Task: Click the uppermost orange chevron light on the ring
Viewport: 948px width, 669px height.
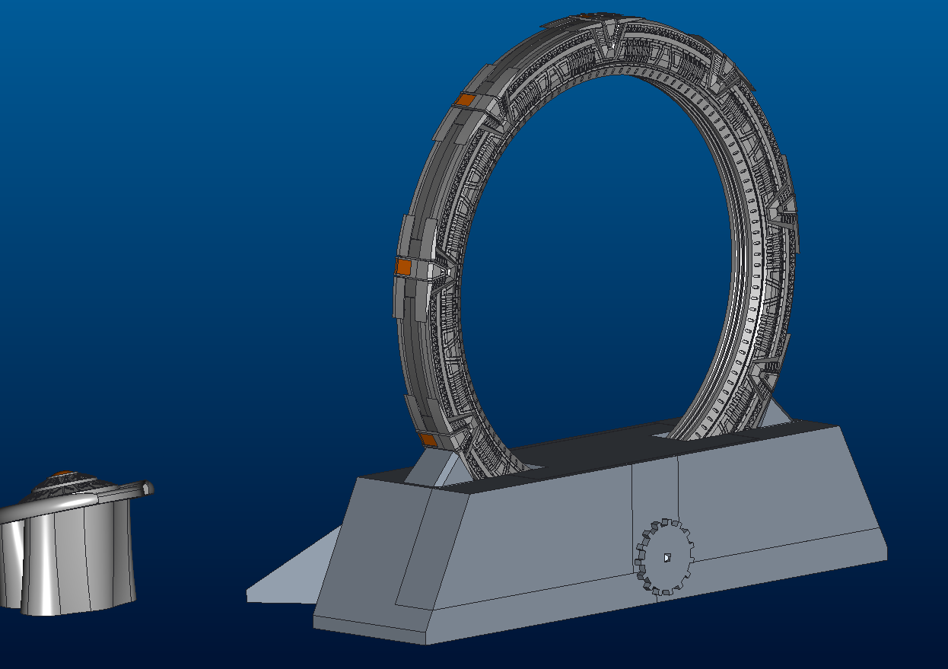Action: click(463, 100)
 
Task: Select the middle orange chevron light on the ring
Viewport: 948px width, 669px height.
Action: click(403, 266)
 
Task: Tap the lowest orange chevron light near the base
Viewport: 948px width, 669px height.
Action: click(428, 439)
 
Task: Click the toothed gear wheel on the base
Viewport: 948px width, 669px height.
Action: click(664, 557)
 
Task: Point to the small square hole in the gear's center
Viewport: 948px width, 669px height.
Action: click(666, 558)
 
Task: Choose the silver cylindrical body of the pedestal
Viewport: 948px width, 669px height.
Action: click(68, 559)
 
